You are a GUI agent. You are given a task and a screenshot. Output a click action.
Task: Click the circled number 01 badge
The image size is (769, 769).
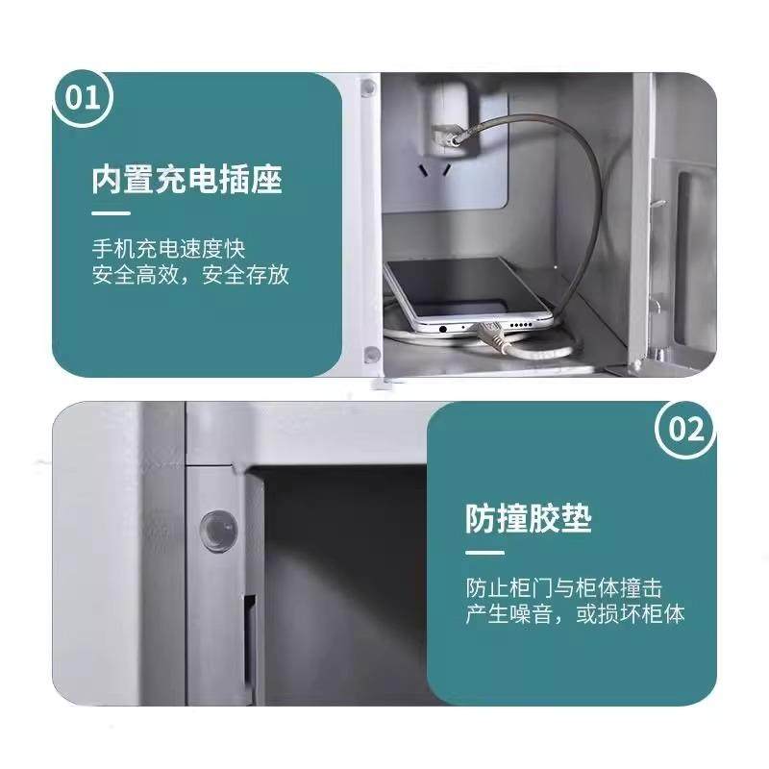84,99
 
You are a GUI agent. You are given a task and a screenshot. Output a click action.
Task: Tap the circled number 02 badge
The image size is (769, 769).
685,430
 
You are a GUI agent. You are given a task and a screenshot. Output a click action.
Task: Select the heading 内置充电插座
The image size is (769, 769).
187,179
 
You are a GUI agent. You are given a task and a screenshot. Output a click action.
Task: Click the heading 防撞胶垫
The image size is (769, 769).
528,519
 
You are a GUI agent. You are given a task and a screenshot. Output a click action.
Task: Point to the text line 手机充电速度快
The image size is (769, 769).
168,249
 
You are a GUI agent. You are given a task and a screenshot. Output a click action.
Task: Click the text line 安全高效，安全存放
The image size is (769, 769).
190,276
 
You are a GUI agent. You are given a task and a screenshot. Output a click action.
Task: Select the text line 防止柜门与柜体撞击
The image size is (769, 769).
563,586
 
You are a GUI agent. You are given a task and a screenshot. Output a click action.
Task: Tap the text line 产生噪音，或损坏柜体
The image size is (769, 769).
575,614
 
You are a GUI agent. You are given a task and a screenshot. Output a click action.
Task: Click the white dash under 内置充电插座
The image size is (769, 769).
111,212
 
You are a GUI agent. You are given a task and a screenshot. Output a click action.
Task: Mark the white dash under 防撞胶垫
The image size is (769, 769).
484,553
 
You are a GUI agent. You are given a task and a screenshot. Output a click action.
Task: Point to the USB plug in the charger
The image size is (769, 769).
448,135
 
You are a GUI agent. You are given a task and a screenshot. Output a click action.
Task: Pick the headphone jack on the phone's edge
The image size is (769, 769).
443,328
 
